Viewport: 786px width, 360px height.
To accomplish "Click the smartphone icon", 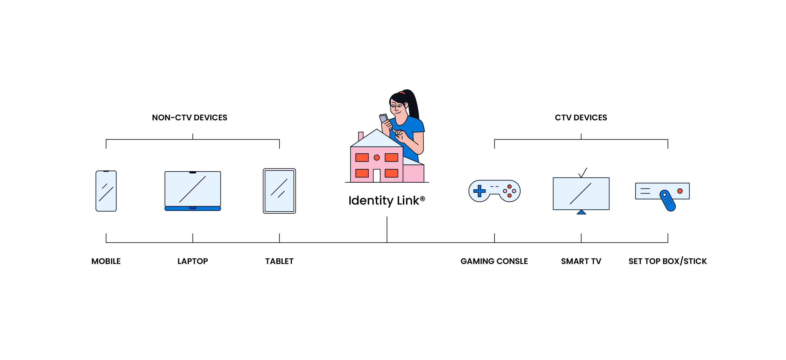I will [106, 191].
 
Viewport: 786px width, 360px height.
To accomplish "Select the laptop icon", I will [193, 190].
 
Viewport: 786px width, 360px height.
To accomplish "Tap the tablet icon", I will [279, 191].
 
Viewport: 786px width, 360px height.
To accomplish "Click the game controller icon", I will [494, 191].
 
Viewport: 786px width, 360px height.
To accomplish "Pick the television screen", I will [581, 194].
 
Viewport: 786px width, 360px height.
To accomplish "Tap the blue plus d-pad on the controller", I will [479, 191].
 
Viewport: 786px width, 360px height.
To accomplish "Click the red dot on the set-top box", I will [680, 191].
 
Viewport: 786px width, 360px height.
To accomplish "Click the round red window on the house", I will [376, 157].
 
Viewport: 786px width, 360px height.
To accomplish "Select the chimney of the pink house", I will [361, 136].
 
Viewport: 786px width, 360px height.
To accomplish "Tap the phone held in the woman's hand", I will [384, 118].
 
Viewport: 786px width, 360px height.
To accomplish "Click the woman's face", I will [398, 107].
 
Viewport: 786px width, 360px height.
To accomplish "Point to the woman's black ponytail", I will [414, 104].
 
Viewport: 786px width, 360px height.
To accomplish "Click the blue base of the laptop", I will [193, 208].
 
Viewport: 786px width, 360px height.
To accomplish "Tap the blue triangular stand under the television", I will [581, 212].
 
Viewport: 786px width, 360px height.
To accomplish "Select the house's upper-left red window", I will [362, 157].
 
